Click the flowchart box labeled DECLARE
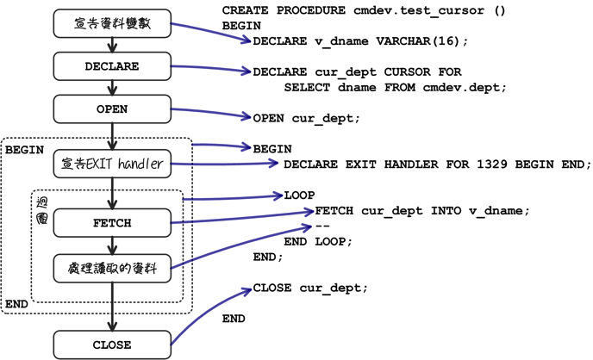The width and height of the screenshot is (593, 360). pyautogui.click(x=112, y=66)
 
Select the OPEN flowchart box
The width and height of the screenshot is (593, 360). pyautogui.click(x=112, y=109)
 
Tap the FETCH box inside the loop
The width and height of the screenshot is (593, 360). pyautogui.click(x=112, y=223)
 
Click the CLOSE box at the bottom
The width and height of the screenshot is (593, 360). pyautogui.click(x=112, y=345)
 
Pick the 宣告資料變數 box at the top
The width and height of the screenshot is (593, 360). pyautogui.click(x=112, y=24)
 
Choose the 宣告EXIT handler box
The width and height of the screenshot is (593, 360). pyautogui.click(x=112, y=164)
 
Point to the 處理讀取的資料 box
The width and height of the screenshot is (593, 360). pyautogui.click(x=112, y=269)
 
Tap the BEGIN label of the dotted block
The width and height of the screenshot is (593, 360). pyautogui.click(x=24, y=149)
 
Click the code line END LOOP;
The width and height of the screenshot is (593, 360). pyautogui.click(x=318, y=241)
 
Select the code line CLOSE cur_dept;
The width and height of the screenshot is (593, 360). pyautogui.click(x=310, y=288)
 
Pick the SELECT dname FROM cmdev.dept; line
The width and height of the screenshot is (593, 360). pyautogui.click(x=396, y=87)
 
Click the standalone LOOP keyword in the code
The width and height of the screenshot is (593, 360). pyautogui.click(x=299, y=196)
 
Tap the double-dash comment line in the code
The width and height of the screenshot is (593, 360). pyautogui.click(x=323, y=226)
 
